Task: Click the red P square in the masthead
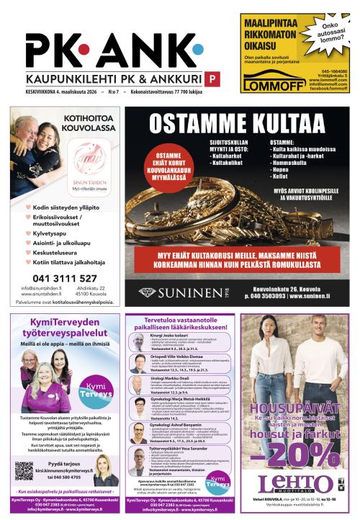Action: pyautogui.click(x=212, y=79)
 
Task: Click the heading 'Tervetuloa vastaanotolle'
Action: pyautogui.click(x=180, y=319)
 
